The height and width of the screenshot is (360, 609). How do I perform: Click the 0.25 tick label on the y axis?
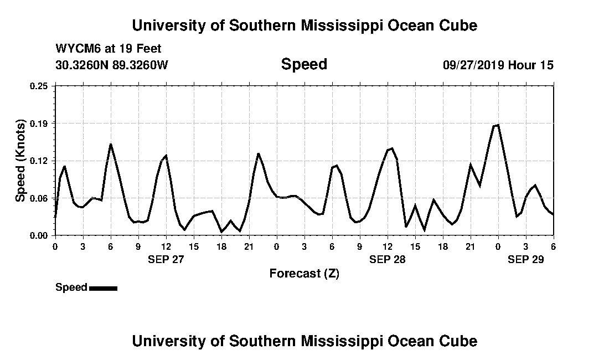[39, 86]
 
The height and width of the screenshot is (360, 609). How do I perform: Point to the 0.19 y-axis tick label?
[39, 123]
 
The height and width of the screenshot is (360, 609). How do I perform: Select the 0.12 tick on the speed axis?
[39, 161]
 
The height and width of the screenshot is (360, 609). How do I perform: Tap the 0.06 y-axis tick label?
[39, 198]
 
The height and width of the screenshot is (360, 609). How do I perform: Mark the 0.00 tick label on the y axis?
[39, 235]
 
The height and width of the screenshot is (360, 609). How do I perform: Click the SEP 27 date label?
[166, 259]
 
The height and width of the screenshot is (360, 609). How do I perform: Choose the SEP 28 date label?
[388, 259]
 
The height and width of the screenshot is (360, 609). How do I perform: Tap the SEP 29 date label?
[526, 259]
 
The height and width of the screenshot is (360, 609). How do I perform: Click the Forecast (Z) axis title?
[304, 274]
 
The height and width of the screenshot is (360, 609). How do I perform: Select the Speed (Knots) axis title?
[20, 160]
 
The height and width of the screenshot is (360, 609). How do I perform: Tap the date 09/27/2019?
[473, 65]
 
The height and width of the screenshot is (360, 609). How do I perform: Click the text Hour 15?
[531, 65]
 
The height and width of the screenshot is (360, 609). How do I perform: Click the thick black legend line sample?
[103, 288]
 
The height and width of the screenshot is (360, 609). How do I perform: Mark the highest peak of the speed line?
[498, 125]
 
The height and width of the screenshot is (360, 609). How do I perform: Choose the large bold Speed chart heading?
[304, 64]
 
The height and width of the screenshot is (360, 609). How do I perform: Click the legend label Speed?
[71, 287]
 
